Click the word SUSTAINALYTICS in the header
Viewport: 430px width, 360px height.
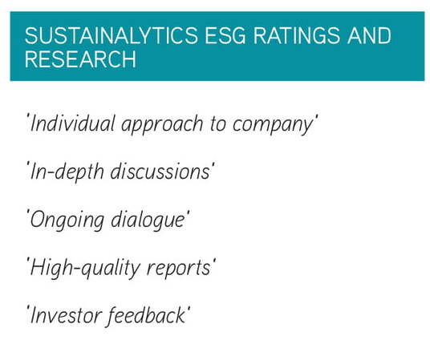111,35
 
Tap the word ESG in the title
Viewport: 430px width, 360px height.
225,35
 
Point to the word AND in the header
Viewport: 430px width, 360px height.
369,35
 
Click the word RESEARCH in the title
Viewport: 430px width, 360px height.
80,59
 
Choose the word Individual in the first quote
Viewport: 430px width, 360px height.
72,123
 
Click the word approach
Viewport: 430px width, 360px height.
162,125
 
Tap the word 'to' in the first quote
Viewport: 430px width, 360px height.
218,124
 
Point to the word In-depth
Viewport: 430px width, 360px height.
67,172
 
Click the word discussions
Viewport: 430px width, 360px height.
160,172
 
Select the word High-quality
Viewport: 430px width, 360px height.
85,269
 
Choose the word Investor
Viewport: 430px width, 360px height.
66,316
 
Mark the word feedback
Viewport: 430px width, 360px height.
146,317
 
